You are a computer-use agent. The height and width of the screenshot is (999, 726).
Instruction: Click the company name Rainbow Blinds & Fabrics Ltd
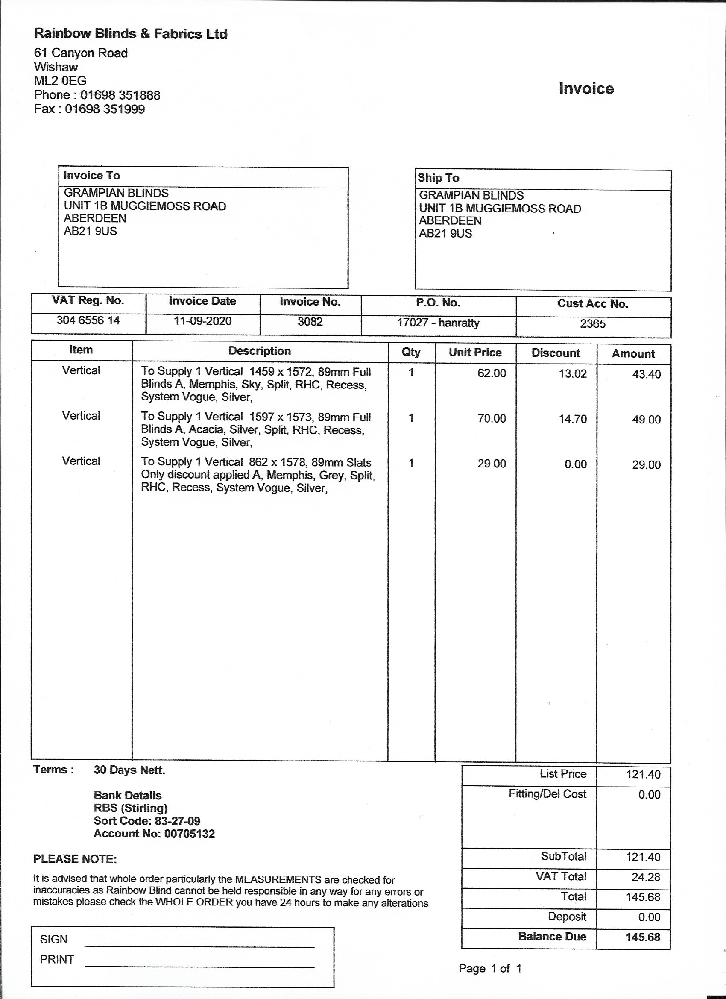click(131, 34)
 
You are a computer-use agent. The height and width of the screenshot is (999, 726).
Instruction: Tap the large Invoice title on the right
click(586, 88)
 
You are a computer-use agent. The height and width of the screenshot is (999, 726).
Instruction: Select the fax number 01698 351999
click(105, 109)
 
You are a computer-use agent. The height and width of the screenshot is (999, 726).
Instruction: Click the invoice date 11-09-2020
click(202, 321)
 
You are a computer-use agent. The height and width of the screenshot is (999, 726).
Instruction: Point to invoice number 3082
click(310, 322)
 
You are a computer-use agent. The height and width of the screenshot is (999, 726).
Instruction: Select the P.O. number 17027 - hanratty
click(438, 323)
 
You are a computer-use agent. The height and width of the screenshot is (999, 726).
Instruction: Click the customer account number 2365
click(593, 324)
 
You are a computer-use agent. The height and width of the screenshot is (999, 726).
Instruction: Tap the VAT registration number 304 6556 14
click(88, 320)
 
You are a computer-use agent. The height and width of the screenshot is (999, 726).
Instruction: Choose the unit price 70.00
click(492, 418)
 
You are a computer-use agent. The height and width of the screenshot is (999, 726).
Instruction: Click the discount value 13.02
click(572, 374)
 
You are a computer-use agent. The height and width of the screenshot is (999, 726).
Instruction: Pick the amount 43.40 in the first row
click(646, 374)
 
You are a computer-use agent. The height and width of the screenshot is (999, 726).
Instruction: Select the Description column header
click(260, 351)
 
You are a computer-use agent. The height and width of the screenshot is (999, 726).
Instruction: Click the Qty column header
click(411, 352)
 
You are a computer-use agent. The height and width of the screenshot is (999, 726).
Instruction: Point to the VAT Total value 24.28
click(646, 877)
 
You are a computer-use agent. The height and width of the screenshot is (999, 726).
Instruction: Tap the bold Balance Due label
click(552, 937)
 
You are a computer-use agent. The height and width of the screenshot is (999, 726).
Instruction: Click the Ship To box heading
click(439, 178)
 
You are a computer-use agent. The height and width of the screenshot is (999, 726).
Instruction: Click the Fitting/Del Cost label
click(547, 794)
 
